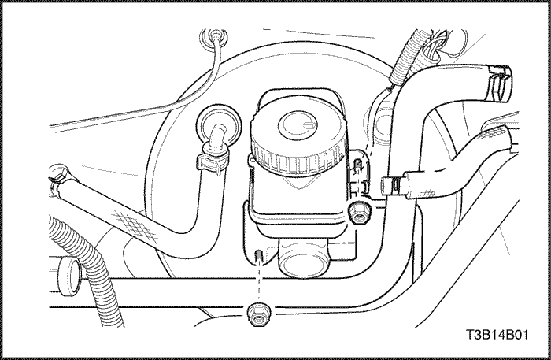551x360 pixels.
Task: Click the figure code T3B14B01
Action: pyautogui.click(x=497, y=334)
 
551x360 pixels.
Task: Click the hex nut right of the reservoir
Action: pyautogui.click(x=358, y=213)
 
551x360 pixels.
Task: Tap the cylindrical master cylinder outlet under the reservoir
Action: pyautogui.click(x=304, y=258)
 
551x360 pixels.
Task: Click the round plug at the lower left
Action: pyautogui.click(x=70, y=276)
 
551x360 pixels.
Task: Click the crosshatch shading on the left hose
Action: pyautogui.click(x=135, y=225)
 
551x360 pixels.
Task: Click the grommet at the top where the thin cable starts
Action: pyautogui.click(x=213, y=36)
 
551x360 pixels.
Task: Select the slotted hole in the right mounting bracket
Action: pyautogui.click(x=357, y=164)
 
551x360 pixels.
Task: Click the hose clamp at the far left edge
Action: pyautogui.click(x=58, y=176)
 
